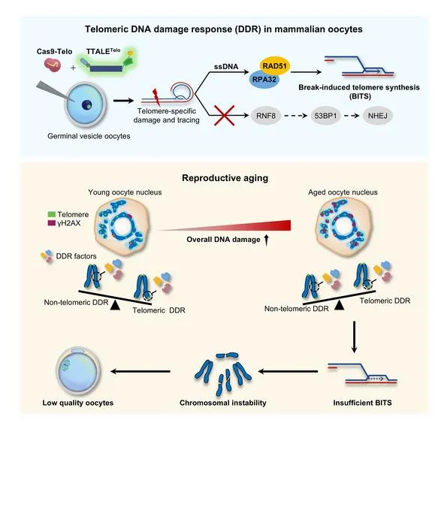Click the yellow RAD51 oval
tap(275, 66)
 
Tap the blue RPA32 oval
tap(264, 80)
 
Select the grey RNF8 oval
tap(266, 116)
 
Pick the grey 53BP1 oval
tap(325, 116)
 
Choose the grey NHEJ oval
tap(377, 116)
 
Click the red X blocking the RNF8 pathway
tap(224, 116)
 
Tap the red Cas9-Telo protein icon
tap(53, 65)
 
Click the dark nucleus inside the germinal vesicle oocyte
tap(87, 104)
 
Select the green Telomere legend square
tap(52, 214)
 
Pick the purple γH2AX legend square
tap(52, 222)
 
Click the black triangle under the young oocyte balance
tap(115, 305)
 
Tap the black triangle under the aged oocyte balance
tap(340, 304)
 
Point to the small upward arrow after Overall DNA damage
tap(266, 240)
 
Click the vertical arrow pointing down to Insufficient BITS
tap(354, 337)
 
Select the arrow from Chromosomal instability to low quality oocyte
tap(140, 371)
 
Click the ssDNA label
tap(226, 67)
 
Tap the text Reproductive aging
tap(225, 178)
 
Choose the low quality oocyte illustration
tap(78, 370)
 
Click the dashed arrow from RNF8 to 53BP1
tap(295, 116)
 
